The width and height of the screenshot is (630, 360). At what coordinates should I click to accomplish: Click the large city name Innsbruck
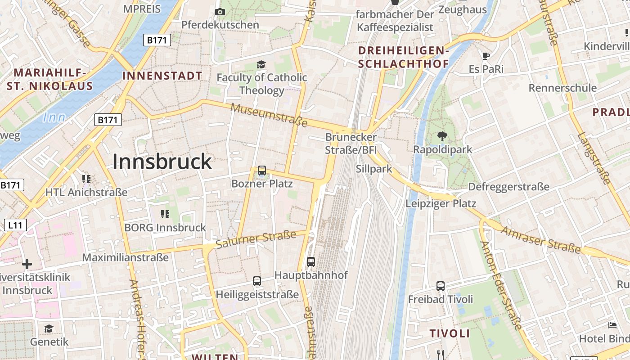pyautogui.click(x=162, y=162)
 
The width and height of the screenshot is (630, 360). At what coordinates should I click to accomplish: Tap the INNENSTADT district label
pyautogui.click(x=162, y=76)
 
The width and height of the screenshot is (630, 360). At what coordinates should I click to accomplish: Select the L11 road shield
pyautogui.click(x=15, y=225)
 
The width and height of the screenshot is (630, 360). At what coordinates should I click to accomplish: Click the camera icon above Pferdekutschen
pyautogui.click(x=220, y=12)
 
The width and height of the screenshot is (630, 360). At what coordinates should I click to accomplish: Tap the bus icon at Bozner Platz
pyautogui.click(x=261, y=171)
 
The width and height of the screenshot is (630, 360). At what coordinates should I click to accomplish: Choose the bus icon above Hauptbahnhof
pyautogui.click(x=311, y=261)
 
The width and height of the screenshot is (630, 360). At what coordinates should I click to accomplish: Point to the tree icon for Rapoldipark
pyautogui.click(x=442, y=136)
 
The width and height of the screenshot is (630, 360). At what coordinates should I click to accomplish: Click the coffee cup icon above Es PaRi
pyautogui.click(x=486, y=56)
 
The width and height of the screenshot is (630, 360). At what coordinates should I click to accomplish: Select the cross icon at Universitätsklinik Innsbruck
pyautogui.click(x=27, y=264)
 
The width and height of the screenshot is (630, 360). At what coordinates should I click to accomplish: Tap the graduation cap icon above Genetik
pyautogui.click(x=49, y=328)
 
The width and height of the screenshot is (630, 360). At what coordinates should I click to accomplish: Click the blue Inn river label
pyautogui.click(x=54, y=118)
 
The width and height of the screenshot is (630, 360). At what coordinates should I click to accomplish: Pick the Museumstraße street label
pyautogui.click(x=269, y=115)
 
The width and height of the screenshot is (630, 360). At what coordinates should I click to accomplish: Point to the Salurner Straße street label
pyautogui.click(x=256, y=239)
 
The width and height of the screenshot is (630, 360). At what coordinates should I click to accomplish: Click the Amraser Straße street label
pyautogui.click(x=547, y=239)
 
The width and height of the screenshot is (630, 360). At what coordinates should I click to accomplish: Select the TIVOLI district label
pyautogui.click(x=450, y=333)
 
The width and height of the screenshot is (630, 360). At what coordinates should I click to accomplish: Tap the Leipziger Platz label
pyautogui.click(x=441, y=203)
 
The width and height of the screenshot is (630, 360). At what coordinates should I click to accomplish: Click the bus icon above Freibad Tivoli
pyautogui.click(x=441, y=286)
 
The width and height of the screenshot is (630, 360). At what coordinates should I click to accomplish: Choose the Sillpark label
pyautogui.click(x=374, y=169)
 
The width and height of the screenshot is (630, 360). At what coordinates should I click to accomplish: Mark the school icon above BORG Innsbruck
pyautogui.click(x=165, y=214)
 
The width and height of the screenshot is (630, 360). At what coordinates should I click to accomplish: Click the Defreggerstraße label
pyautogui.click(x=509, y=186)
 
